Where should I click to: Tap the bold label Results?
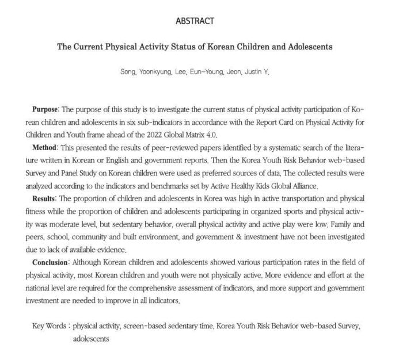pos(45,198)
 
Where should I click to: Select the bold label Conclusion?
pos(51,262)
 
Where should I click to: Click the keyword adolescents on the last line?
pos(90,339)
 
